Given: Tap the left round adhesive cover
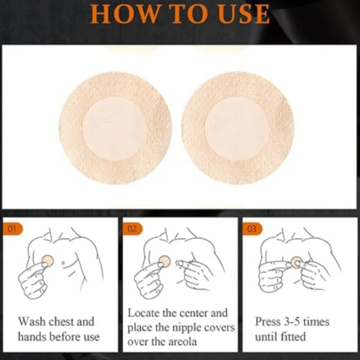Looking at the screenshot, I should (116, 128).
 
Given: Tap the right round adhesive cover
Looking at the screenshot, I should (238, 128).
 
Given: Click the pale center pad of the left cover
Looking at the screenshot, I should (115, 129).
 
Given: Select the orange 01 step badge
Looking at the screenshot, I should (13, 229).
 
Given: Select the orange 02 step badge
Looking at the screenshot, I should (132, 229).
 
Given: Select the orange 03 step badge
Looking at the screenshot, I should (252, 229).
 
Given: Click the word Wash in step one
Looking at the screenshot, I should (33, 322).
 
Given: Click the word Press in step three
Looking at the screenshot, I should (268, 322).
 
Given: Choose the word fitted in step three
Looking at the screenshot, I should (291, 336).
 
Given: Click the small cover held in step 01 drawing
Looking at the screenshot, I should (48, 260).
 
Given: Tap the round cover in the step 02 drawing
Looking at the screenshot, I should (165, 261).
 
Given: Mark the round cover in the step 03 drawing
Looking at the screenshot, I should (296, 262).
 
